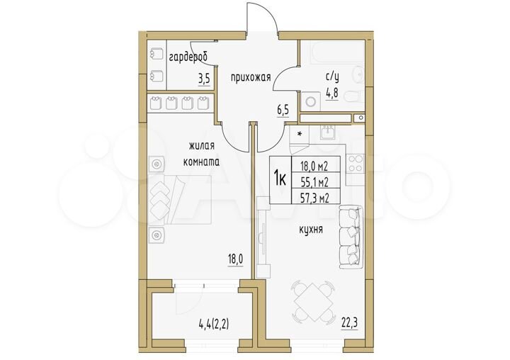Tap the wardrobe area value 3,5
tap(203, 79)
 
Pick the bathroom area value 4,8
tap(331, 90)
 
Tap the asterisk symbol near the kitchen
tap(300, 133)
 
